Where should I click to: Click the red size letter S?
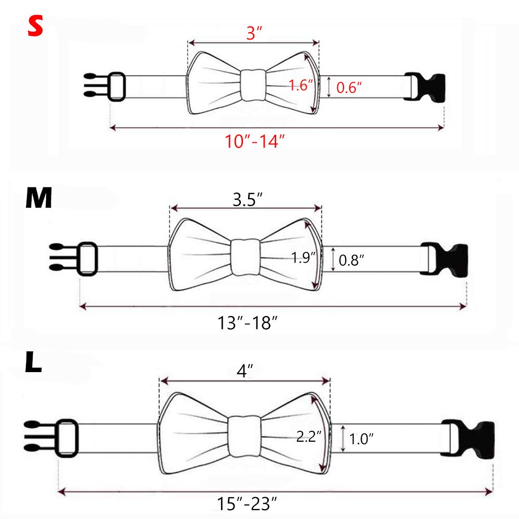click(x=35, y=26)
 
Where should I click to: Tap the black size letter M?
click(x=39, y=198)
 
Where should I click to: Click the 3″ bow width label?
click(x=254, y=33)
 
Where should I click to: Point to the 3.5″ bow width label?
click(x=247, y=199)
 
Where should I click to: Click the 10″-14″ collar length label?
click(x=254, y=141)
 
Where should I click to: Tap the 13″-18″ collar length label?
click(x=247, y=323)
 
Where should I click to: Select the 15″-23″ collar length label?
click(x=247, y=503)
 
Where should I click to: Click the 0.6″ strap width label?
click(x=349, y=87)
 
